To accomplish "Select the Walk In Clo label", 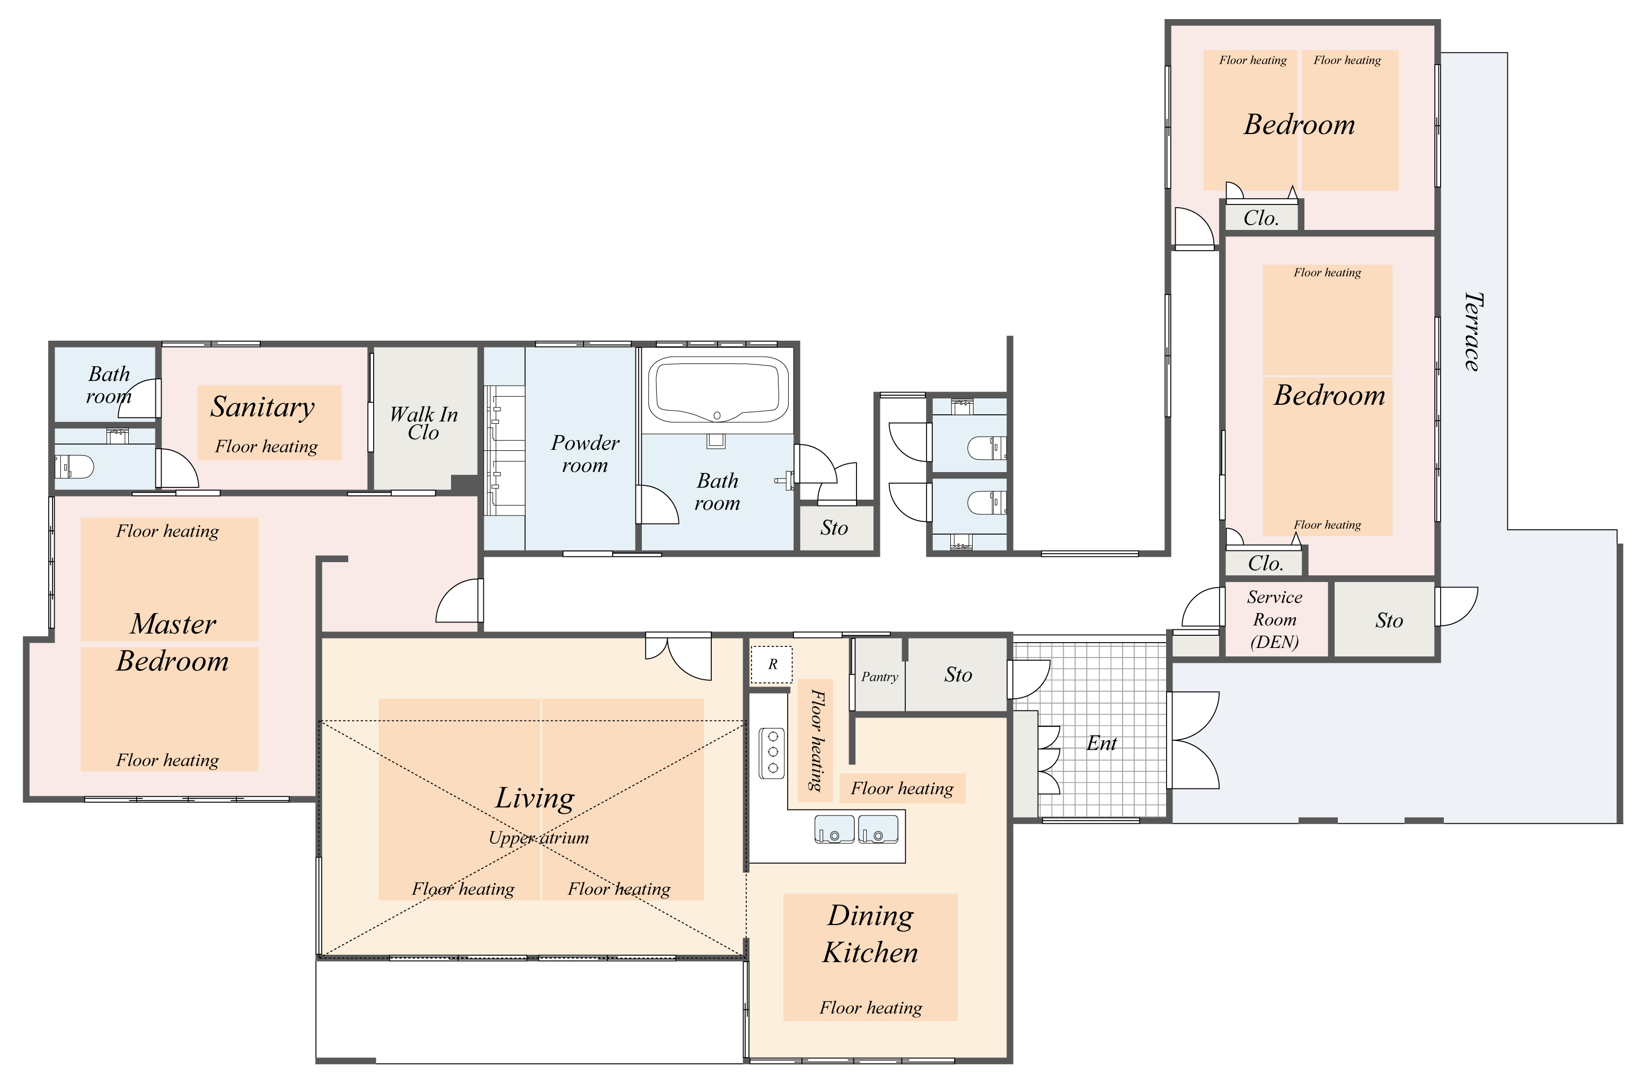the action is tap(423, 423).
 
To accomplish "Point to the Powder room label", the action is tap(585, 454).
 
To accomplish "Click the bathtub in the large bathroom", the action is tap(718, 389).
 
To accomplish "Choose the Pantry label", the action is tap(879, 677).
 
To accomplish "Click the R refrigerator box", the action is tap(772, 664).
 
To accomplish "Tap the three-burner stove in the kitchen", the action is tap(772, 752).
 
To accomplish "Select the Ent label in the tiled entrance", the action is tap(1101, 744).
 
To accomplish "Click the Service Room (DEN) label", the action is tap(1274, 620).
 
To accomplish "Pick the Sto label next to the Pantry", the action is tap(958, 675).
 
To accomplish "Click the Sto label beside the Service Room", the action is tap(1389, 621).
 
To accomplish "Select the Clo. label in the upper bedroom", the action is tap(1260, 218).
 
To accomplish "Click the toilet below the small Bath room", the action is tap(74, 466).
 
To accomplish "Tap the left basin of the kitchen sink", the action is tap(835, 829).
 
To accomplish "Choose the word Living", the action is tap(534, 799).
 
